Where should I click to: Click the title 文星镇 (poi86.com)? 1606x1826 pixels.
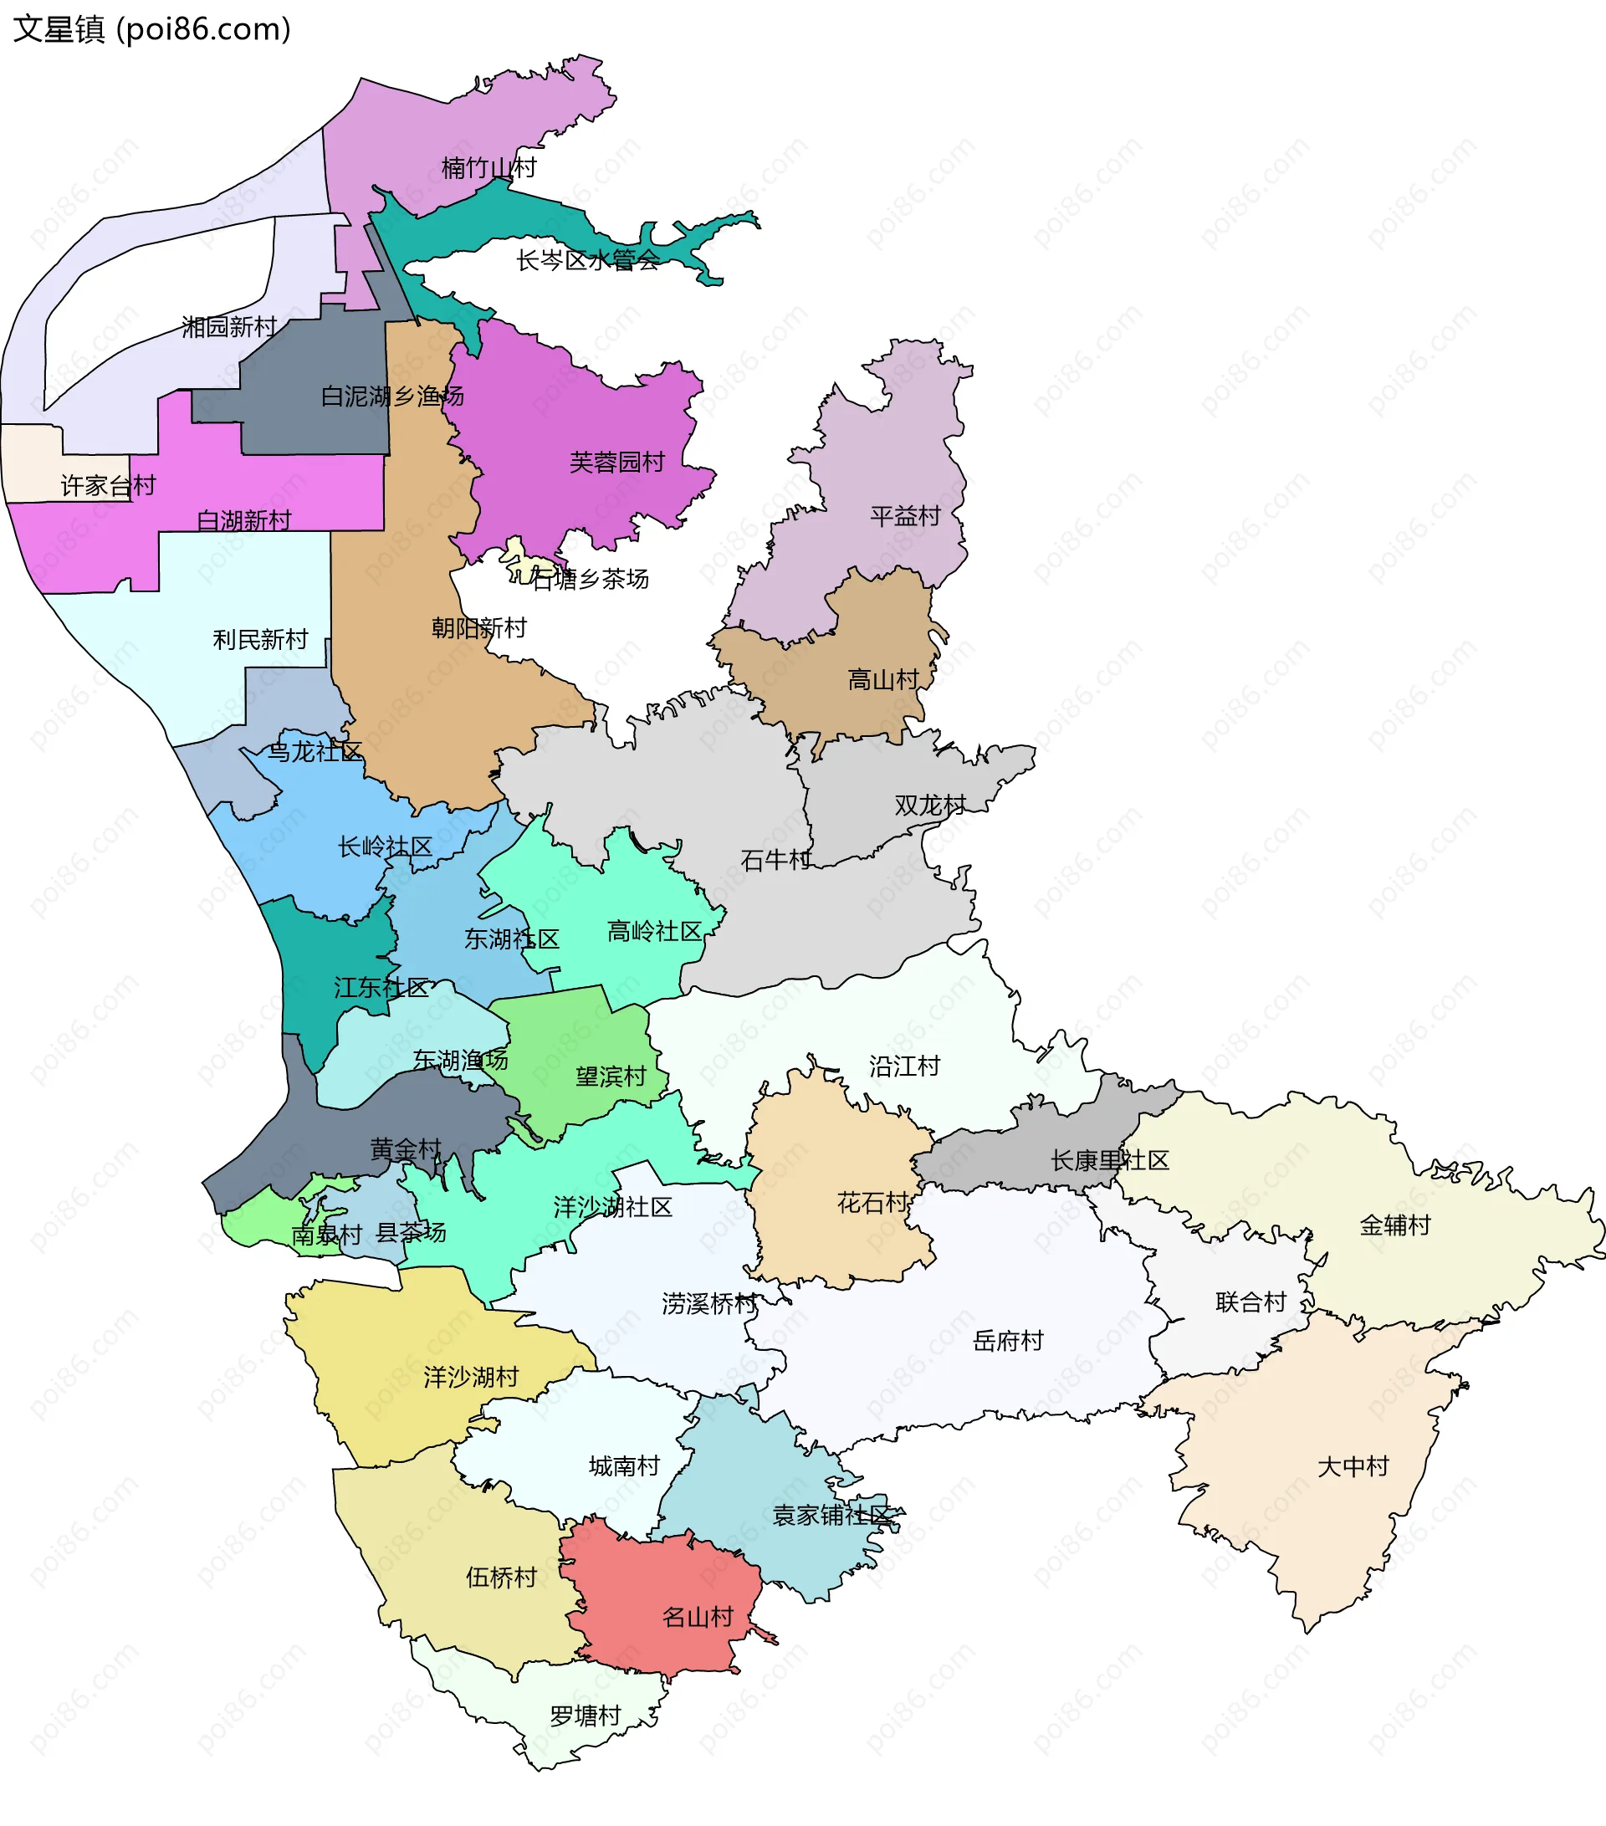152,29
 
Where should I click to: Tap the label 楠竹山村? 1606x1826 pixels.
488,168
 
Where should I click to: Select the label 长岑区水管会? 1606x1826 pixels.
587,261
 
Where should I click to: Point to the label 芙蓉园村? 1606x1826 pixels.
617,463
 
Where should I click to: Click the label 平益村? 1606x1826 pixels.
905,516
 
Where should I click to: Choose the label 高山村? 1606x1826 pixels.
882,680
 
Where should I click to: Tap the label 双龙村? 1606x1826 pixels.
930,806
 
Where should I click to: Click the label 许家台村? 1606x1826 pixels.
108,486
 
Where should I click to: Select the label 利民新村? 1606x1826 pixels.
260,640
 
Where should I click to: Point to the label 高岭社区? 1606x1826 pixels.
655,932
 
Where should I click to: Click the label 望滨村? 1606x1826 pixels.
610,1077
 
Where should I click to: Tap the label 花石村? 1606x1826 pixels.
872,1204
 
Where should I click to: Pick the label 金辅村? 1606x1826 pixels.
1394,1225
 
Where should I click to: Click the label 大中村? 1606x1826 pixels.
1353,1467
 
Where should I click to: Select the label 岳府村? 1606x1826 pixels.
1008,1341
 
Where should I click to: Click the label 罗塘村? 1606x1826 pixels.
585,1716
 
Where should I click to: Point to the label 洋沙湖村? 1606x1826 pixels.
471,1377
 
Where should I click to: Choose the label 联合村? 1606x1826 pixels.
1251,1302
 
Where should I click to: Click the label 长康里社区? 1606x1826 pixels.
1109,1160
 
